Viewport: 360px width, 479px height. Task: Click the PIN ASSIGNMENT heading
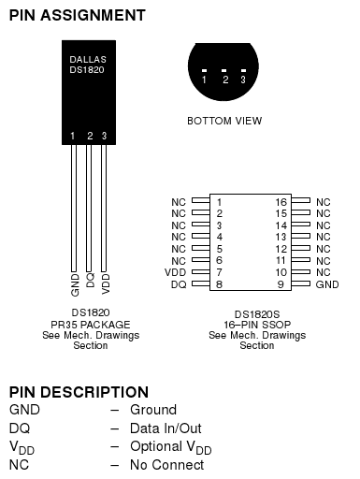point(77,15)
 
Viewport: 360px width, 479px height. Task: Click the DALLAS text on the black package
point(88,58)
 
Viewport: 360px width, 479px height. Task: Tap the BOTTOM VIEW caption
point(224,121)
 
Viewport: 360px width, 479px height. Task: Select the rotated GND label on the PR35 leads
point(75,283)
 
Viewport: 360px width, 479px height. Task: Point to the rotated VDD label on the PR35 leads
point(105,283)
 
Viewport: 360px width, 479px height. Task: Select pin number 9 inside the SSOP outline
point(281,283)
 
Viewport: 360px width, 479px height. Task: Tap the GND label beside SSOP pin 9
point(327,283)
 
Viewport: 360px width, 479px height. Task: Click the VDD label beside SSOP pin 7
point(175,272)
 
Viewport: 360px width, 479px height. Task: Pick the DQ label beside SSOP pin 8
point(179,283)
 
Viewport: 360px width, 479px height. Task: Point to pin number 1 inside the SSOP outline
point(219,201)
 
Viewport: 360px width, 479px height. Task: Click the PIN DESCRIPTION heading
point(79,392)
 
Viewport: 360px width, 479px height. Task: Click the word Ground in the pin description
point(153,410)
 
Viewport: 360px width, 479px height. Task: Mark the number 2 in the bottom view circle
point(225,80)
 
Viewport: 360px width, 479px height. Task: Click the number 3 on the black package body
point(104,137)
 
